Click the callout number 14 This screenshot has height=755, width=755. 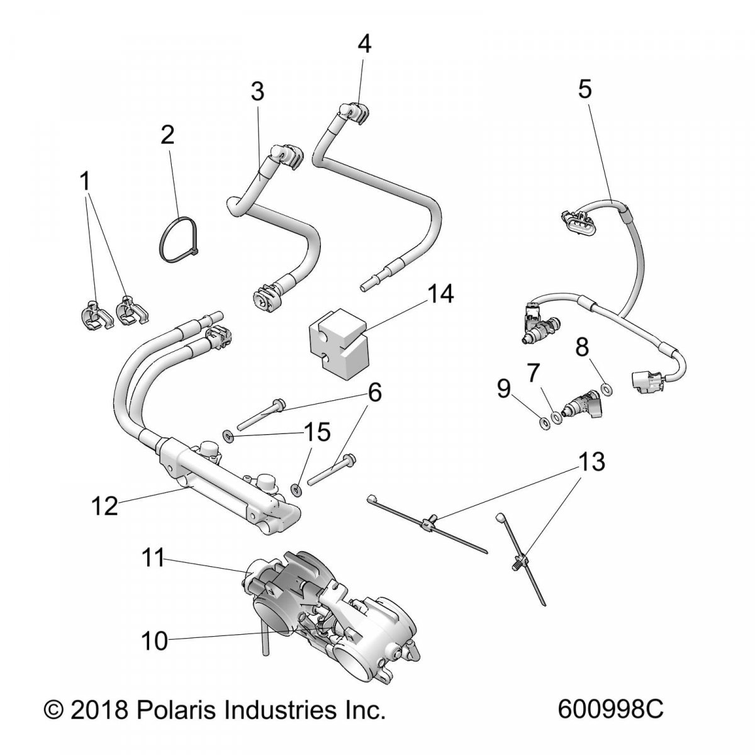(440, 294)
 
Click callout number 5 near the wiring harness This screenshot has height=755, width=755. (584, 89)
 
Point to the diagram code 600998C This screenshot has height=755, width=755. (610, 729)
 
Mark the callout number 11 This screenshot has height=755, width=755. (152, 557)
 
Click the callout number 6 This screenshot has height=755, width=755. (374, 393)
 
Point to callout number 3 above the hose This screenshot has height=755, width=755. (257, 91)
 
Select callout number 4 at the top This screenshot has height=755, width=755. (364, 43)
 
